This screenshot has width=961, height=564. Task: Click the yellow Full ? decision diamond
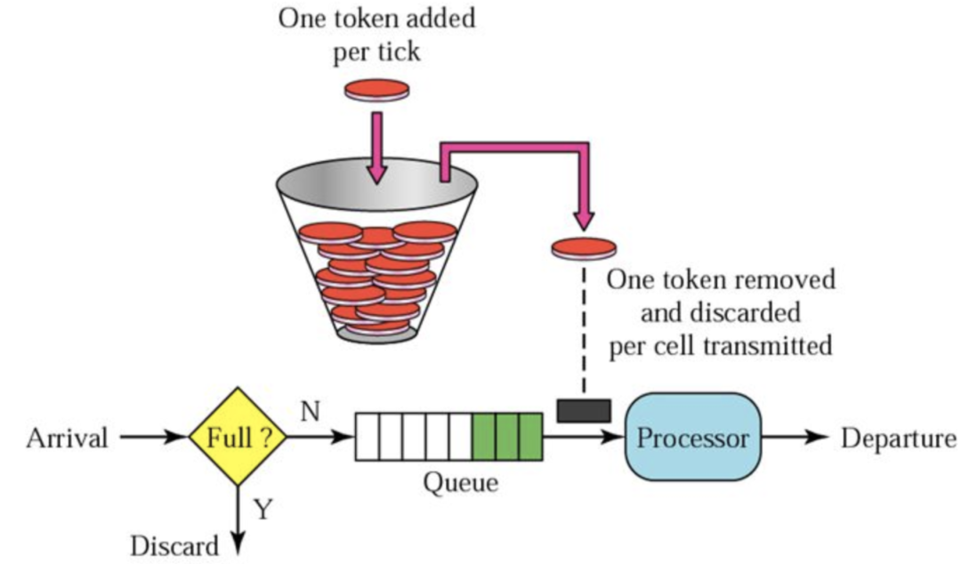coord(238,437)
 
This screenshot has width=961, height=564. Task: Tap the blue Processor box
coord(692,437)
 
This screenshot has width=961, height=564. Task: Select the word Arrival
coord(67,438)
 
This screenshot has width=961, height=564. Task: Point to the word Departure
coord(898,439)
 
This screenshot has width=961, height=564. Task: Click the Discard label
coord(174,545)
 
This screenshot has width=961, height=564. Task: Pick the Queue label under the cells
coord(460,482)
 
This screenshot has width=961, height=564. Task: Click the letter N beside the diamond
coord(311,411)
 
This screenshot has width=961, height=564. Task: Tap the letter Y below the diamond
coord(262,509)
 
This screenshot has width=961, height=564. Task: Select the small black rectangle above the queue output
coord(584,410)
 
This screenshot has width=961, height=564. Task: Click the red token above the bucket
coord(377,90)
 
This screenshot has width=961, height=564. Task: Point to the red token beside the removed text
coord(584,247)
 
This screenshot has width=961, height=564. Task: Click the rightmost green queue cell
coord(530,437)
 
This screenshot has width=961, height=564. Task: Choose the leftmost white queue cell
coord(367,437)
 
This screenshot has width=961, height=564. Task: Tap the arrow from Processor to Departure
coord(795,437)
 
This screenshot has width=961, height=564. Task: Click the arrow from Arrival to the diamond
coord(154,437)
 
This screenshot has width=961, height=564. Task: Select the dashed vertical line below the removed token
coord(584,329)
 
